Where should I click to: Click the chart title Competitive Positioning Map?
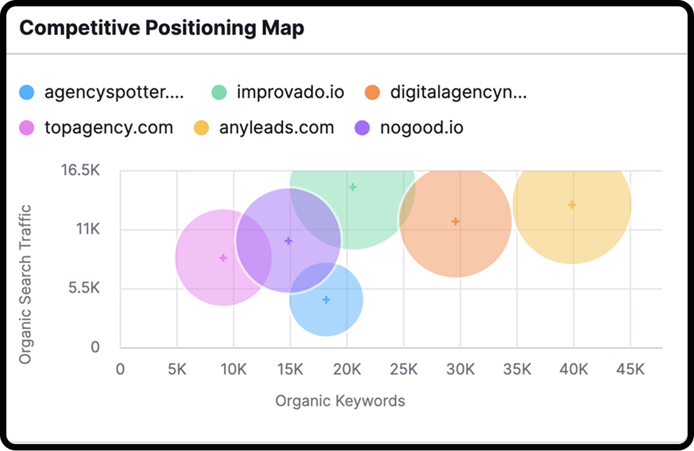point(162,29)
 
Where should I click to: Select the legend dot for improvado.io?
point(220,93)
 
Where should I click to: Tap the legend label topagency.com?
point(109,128)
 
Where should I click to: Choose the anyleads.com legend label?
point(276,128)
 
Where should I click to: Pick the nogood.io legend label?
point(421,128)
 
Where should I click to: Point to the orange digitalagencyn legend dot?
point(373,93)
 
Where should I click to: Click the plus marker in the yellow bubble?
point(572,205)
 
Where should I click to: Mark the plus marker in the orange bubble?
point(455,221)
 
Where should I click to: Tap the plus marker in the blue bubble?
point(326,300)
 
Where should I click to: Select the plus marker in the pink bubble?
point(223,258)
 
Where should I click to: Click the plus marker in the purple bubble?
point(288,241)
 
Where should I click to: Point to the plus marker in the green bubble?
point(353,187)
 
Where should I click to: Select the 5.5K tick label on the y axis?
point(84,289)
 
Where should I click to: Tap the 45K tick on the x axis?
point(630,369)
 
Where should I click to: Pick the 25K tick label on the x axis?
point(404,369)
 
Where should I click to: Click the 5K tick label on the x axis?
point(177,369)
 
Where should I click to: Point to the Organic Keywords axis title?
point(340,401)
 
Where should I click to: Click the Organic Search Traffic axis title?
point(25,284)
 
